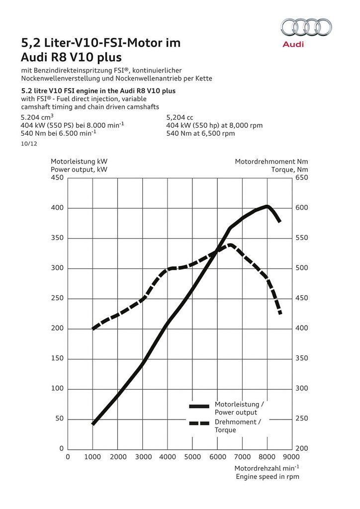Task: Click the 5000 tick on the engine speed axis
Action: pyautogui.click(x=192, y=457)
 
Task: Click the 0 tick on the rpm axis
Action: pyautogui.click(x=68, y=457)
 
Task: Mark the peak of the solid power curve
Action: pyautogui.click(x=267, y=206)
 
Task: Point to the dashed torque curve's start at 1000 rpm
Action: pyautogui.click(x=93, y=329)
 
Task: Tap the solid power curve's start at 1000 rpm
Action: pyautogui.click(x=93, y=424)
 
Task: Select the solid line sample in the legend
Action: pyautogui.click(x=199, y=407)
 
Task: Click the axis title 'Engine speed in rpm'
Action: pyautogui.click(x=268, y=476)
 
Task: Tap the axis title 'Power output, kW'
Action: pyautogui.click(x=79, y=169)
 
